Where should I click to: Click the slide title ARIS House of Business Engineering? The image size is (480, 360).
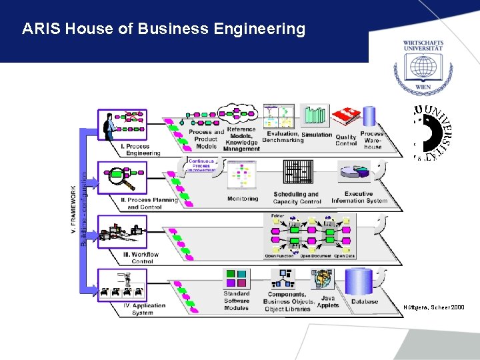click(163, 29)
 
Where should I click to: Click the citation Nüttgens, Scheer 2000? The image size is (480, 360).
click(434, 307)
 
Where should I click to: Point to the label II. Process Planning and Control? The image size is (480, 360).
click(149, 203)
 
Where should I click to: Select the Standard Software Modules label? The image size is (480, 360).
click(237, 301)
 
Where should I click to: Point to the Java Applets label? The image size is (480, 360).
click(328, 302)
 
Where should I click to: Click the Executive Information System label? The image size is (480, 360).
click(359, 197)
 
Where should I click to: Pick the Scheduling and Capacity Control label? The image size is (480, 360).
click(297, 198)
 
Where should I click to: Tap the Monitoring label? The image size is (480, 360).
click(243, 199)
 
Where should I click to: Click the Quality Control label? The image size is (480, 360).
click(346, 140)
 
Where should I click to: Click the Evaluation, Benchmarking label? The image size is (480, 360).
click(283, 137)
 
